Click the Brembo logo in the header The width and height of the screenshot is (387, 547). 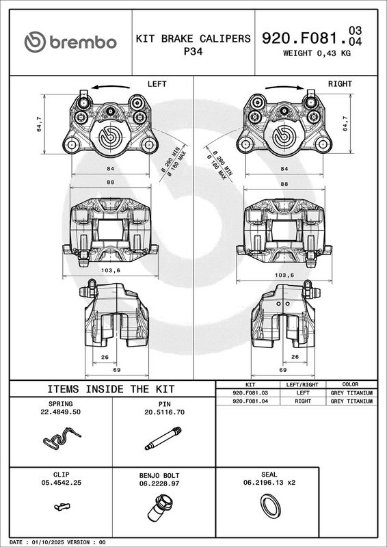click(70, 42)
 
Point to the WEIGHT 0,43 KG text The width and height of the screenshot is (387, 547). click(317, 53)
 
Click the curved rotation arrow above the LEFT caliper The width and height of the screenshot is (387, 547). click(110, 87)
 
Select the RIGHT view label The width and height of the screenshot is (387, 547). click(340, 84)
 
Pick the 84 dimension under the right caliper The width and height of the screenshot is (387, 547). click(284, 169)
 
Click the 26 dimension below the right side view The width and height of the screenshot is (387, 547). click(295, 357)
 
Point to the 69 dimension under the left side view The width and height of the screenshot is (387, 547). click(116, 370)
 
